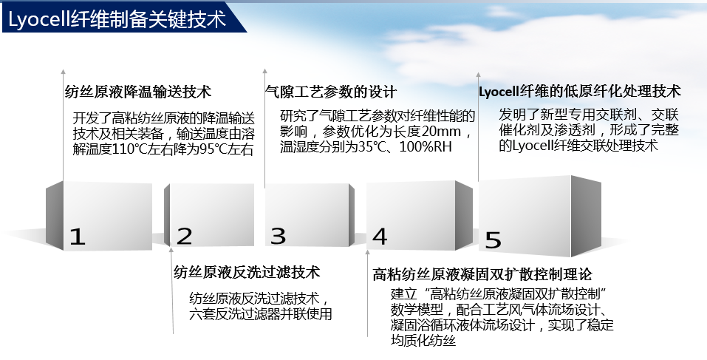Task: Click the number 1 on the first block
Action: pos(77,237)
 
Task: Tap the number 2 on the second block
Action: pos(185,237)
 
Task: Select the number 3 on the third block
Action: pos(279,236)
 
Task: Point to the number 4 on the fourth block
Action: pos(380,237)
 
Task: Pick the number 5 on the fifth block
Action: pos(493,240)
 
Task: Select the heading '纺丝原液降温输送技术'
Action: pos(138,92)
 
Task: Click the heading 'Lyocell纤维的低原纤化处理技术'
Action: pos(580,91)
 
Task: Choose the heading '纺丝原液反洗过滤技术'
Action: pos(247,272)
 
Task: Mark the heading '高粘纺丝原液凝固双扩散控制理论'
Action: pos(482,274)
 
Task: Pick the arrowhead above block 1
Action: pos(63,72)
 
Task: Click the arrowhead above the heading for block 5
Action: pos(479,75)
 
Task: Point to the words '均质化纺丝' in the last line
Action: pos(423,340)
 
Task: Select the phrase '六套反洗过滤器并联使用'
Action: pos(261,313)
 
